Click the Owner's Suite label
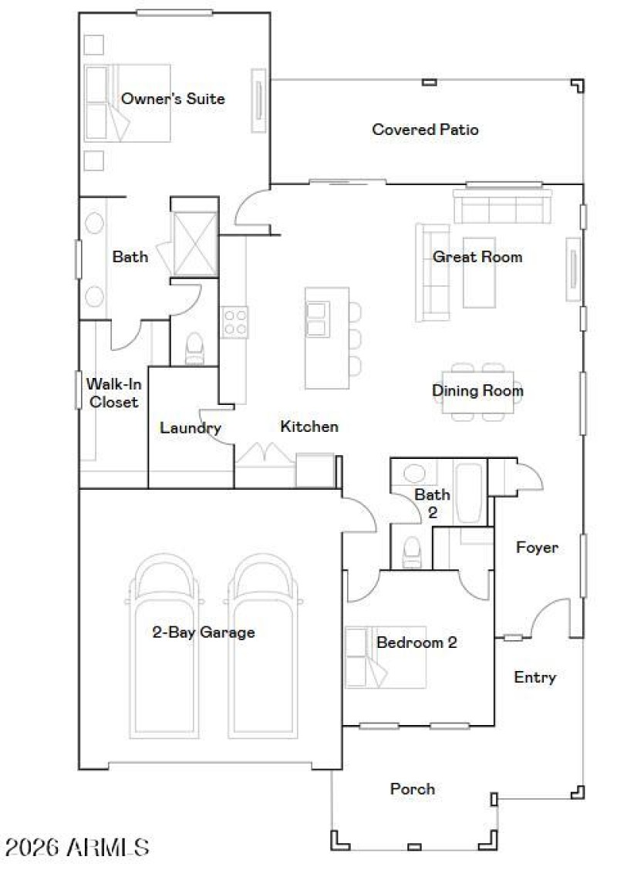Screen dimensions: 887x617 click(x=173, y=99)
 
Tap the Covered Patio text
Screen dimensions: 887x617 click(x=425, y=130)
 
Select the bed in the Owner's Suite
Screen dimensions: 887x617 click(x=127, y=103)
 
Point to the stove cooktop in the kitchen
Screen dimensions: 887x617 click(x=234, y=322)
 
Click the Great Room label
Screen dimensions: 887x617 click(x=477, y=257)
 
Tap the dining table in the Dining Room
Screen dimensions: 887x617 click(x=477, y=391)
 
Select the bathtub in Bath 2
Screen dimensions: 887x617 click(x=468, y=493)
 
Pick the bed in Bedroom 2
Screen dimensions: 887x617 click(x=385, y=656)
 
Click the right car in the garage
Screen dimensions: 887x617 click(x=262, y=648)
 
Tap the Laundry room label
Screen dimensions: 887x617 click(x=190, y=428)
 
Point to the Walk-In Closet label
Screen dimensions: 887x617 click(x=112, y=393)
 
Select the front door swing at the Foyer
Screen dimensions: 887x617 click(x=551, y=617)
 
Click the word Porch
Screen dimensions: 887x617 click(x=413, y=789)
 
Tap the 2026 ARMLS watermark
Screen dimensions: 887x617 click(x=76, y=848)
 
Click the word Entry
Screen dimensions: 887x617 click(x=534, y=677)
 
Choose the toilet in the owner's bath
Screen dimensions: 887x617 click(x=194, y=349)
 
